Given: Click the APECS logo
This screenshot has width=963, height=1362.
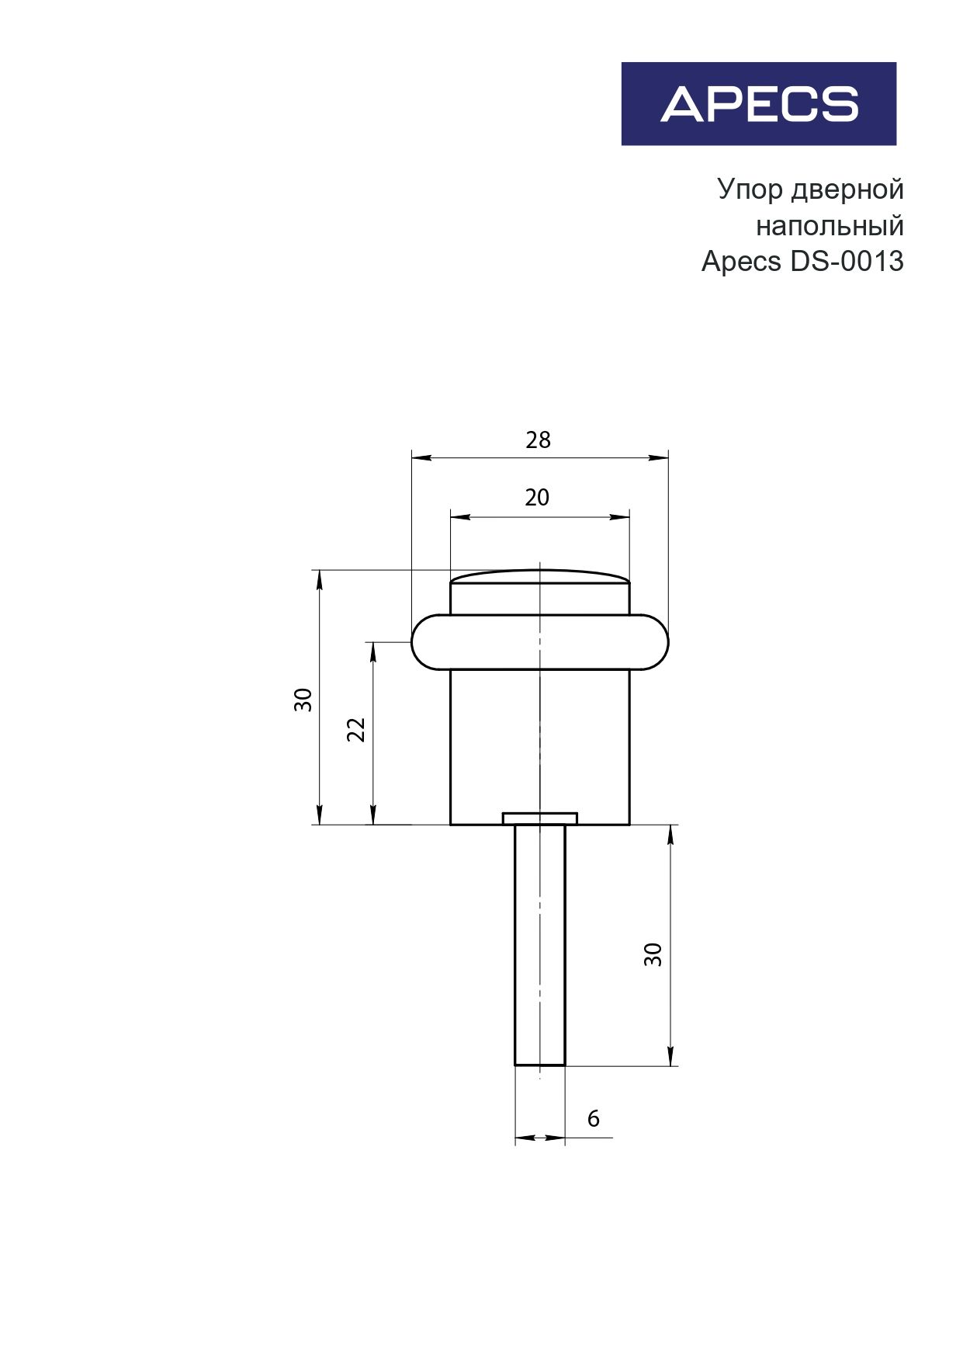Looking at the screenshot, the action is [759, 104].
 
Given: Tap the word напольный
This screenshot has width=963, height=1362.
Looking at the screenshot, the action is [830, 226].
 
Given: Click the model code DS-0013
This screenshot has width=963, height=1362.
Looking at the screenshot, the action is [847, 262].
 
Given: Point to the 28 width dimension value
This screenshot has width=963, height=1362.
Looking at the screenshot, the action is [538, 440].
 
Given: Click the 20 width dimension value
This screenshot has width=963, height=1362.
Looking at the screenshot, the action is [537, 497].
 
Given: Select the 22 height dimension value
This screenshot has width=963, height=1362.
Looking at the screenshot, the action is [355, 730].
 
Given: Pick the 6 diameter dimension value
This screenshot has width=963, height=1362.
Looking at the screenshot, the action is [594, 1118].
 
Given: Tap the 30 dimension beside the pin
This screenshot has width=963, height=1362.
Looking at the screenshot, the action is [653, 954].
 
